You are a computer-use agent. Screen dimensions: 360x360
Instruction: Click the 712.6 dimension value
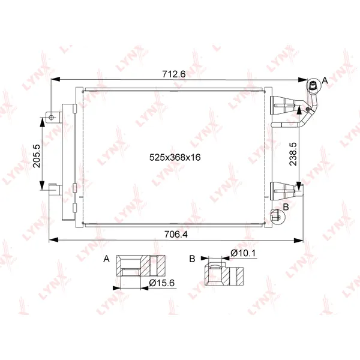tap(173, 74)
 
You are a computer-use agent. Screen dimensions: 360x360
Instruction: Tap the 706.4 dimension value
tap(176, 234)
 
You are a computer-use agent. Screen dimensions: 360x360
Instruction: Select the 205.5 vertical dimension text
tap(36, 156)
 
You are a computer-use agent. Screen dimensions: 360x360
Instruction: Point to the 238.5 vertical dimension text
tap(293, 154)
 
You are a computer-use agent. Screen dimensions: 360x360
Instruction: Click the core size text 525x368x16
tap(175, 157)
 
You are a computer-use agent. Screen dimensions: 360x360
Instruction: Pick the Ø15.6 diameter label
tap(161, 283)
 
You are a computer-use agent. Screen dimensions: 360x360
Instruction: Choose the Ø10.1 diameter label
tap(243, 253)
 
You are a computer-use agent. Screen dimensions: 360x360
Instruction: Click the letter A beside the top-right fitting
tap(325, 80)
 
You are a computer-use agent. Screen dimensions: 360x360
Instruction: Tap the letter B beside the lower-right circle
tap(286, 207)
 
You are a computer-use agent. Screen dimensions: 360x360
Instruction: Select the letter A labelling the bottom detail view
tap(106, 259)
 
